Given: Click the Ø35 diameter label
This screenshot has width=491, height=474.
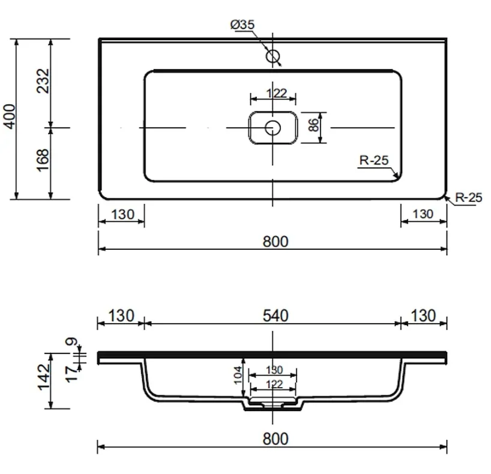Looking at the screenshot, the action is tap(242, 25).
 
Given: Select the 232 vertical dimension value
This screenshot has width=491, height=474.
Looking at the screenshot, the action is tap(43, 81).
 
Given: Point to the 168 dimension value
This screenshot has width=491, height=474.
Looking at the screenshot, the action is tap(43, 161).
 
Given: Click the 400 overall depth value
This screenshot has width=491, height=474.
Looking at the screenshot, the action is tap(9, 117).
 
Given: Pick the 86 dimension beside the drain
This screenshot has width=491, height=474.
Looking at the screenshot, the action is tap(313, 125).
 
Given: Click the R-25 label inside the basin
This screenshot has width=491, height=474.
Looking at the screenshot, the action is tap(374, 161).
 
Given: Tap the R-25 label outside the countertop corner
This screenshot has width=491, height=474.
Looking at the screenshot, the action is tap(468, 198).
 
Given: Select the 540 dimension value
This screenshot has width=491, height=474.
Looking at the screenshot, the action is tap(276, 316).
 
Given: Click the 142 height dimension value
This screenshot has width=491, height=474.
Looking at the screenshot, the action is tap(44, 377).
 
